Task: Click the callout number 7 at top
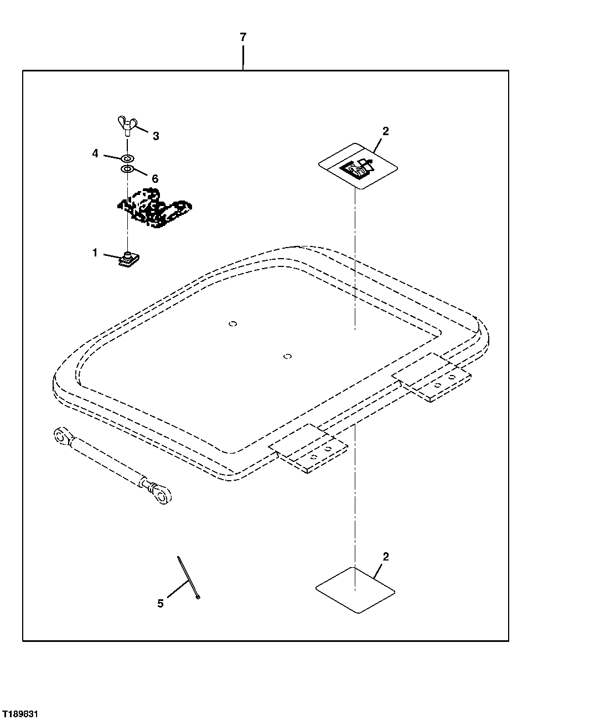(243, 38)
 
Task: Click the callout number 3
(156, 136)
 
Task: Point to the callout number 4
(95, 153)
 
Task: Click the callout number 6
(155, 178)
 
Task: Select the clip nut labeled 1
(129, 258)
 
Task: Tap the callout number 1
(95, 253)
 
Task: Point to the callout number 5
(161, 603)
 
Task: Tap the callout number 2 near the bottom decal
(386, 557)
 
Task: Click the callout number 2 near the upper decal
(386, 131)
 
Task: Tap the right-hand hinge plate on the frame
(432, 377)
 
